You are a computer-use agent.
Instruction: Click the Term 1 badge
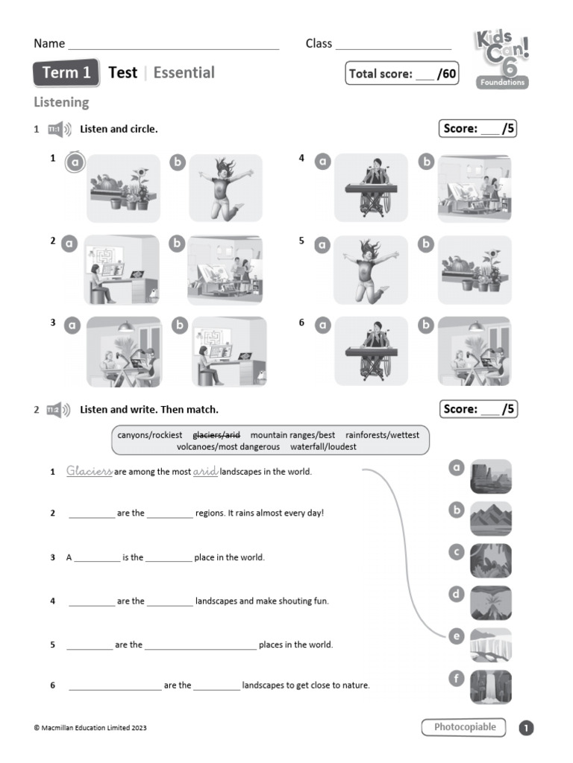click(66, 73)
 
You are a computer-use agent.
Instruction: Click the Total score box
click(402, 74)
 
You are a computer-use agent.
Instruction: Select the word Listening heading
click(61, 102)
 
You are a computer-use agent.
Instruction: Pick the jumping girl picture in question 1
click(225, 188)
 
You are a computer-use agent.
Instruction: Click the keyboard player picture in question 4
click(371, 188)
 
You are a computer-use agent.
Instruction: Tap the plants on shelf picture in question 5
click(475, 270)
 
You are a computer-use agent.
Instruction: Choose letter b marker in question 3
click(180, 325)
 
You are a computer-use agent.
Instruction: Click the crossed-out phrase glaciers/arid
click(216, 435)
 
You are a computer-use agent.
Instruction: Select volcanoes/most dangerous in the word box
click(228, 447)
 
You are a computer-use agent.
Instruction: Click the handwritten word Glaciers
click(89, 471)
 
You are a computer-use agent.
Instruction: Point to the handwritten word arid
click(205, 472)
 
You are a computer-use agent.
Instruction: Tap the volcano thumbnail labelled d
click(491, 603)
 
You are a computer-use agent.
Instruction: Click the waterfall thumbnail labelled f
click(491, 687)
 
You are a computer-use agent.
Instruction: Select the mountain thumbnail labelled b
click(491, 519)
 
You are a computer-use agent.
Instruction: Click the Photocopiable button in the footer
click(464, 727)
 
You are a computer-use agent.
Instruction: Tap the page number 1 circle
click(527, 728)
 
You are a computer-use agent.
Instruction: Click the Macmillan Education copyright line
click(90, 728)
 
